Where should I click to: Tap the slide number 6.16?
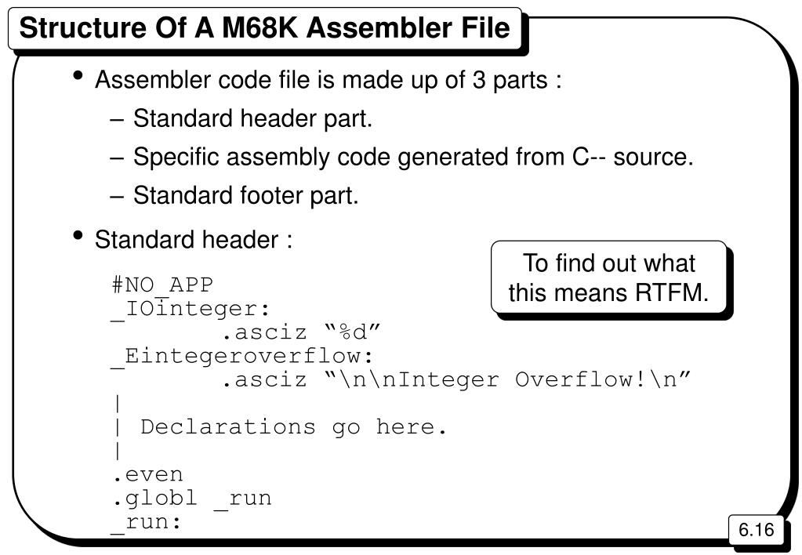coord(757,529)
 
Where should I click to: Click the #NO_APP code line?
coord(162,285)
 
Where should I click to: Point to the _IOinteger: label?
coord(190,309)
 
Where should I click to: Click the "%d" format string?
coord(353,332)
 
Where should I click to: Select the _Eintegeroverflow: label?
coord(242,357)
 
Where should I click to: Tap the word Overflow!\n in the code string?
coord(603,379)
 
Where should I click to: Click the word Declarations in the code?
coord(228,427)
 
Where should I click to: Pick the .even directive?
coord(148,475)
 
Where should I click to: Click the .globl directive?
coord(155,498)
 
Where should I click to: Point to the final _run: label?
coord(147,523)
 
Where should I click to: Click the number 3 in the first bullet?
coord(479,80)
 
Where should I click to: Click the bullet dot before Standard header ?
coord(78,235)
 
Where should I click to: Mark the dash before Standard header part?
coord(117,120)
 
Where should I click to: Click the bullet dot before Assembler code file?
coord(78,76)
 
